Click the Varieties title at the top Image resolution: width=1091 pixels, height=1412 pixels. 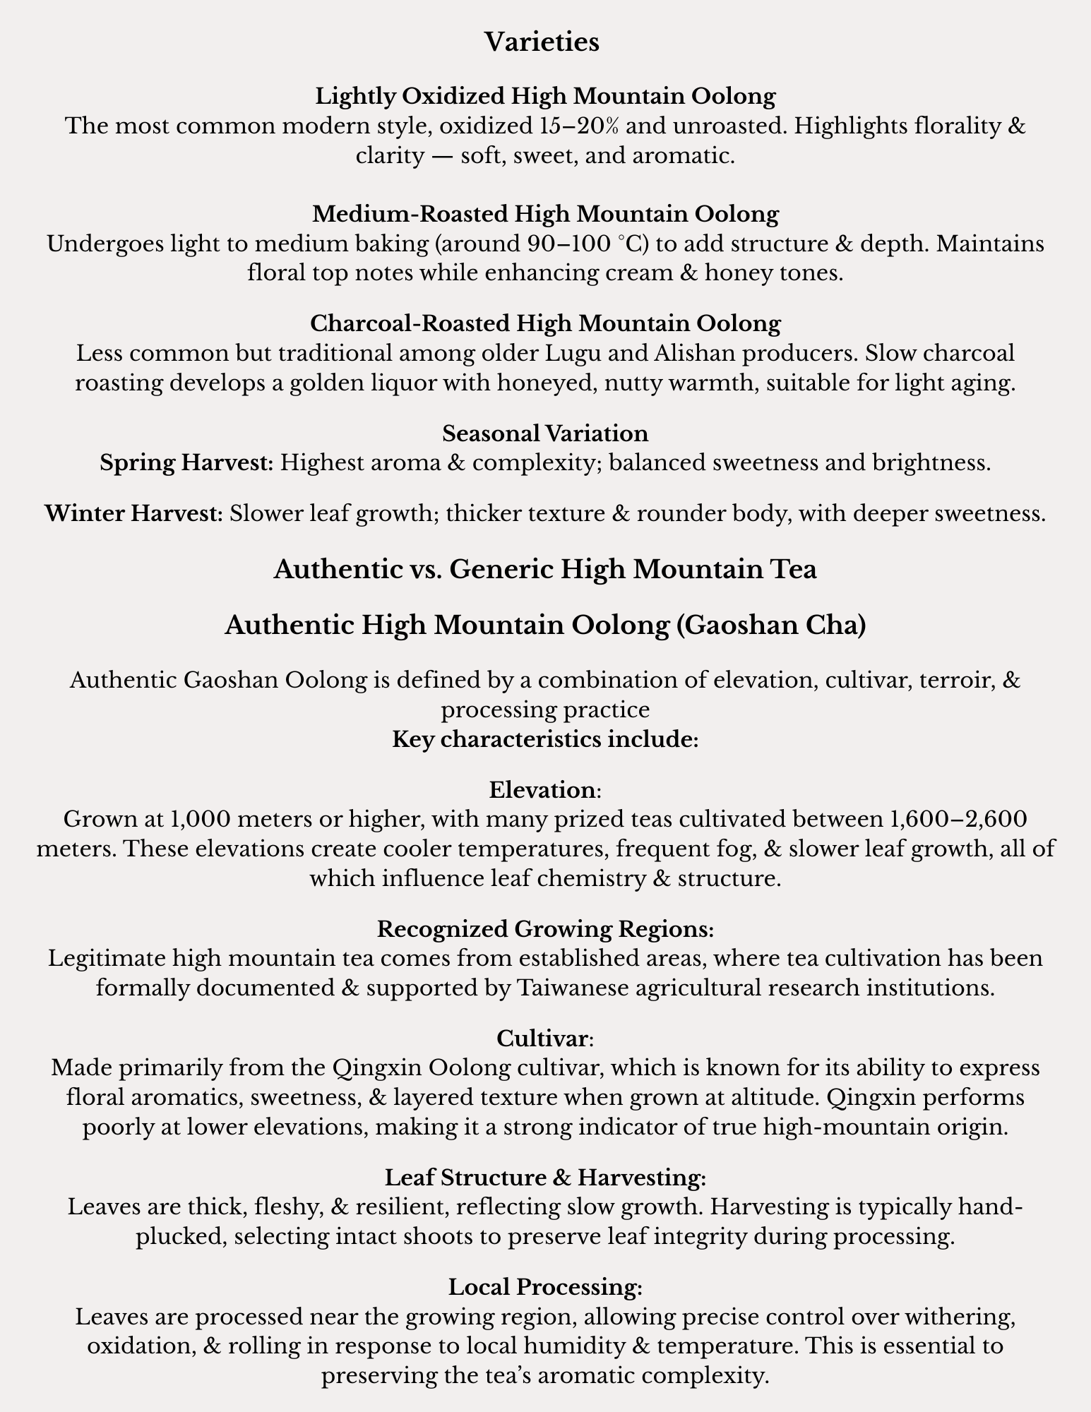tap(542, 42)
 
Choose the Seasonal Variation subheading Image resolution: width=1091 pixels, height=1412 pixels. tap(545, 433)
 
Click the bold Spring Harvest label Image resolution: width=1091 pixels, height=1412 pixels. tap(186, 463)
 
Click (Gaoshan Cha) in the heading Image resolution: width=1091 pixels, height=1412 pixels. tap(767, 626)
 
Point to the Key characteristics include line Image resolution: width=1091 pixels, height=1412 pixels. tap(545, 739)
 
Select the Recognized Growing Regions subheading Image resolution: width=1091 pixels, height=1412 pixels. tap(545, 929)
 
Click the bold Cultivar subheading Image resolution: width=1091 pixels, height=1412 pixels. tap(542, 1038)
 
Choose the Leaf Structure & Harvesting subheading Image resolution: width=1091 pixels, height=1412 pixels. tap(545, 1178)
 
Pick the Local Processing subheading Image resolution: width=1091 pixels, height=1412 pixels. tap(545, 1287)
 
